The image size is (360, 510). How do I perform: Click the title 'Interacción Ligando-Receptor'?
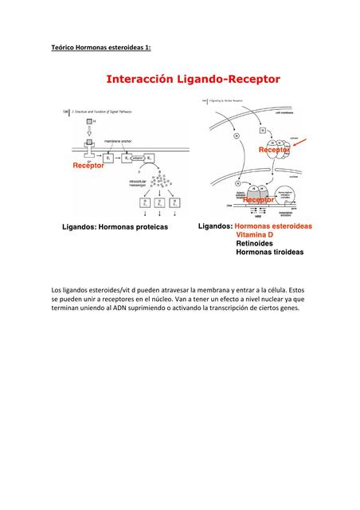[x=194, y=80]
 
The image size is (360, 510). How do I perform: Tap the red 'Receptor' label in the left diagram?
[x=88, y=165]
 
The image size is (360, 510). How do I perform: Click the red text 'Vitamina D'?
[x=254, y=236]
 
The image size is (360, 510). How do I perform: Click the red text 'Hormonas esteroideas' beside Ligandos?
[x=273, y=227]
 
